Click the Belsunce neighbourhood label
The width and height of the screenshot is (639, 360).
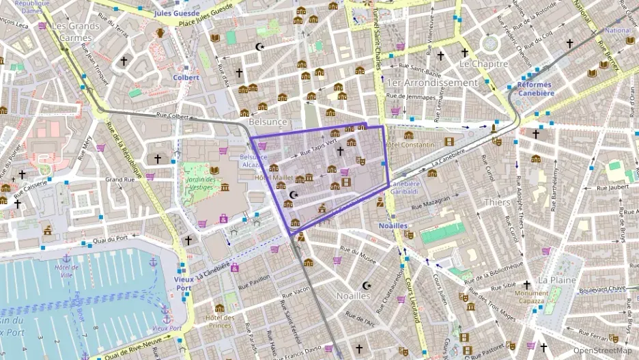click(x=268, y=121)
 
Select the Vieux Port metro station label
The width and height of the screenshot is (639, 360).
click(x=182, y=283)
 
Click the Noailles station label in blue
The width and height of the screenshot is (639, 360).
click(x=393, y=225)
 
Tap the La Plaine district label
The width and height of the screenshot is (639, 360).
click(x=556, y=280)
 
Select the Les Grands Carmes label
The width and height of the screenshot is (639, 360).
click(x=75, y=31)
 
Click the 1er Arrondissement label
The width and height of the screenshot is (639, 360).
click(x=432, y=83)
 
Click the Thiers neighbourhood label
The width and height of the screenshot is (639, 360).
click(x=496, y=202)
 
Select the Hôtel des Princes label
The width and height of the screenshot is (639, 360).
click(x=220, y=321)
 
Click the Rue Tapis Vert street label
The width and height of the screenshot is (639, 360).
click(x=318, y=146)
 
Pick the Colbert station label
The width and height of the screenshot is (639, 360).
click(x=186, y=77)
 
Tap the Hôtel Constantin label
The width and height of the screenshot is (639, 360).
click(x=410, y=146)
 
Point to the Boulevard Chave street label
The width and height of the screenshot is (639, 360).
click(x=602, y=288)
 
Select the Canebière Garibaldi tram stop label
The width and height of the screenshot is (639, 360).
click(x=406, y=188)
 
